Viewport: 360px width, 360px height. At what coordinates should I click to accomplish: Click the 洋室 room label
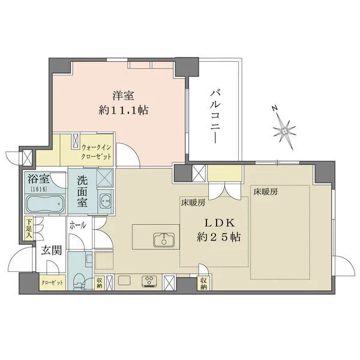pos(123,95)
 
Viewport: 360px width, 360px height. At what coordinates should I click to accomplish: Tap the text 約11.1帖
pos(123,110)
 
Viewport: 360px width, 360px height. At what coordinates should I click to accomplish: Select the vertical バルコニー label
pos(215,117)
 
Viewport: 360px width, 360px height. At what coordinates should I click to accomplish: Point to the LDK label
pos(219,223)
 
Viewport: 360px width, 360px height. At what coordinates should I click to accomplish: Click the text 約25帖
pos(218,237)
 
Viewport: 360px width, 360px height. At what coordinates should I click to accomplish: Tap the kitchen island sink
pos(164,240)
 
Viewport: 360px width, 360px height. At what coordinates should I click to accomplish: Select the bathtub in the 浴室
pos(45,204)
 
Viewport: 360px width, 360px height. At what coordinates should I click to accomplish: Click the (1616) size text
pos(39,189)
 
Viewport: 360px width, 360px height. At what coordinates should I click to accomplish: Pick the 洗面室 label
pos(82,191)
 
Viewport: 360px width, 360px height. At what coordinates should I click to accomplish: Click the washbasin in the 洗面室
pos(105,200)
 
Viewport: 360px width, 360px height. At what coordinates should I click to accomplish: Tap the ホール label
pos(77,225)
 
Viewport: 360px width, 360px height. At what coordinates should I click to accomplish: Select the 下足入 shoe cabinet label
pos(29,229)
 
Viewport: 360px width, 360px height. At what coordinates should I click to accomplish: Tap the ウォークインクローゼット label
pos(97,152)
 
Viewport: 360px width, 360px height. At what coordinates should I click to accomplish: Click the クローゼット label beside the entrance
pos(52,283)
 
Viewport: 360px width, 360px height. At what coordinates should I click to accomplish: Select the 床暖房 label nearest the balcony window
pos(266,192)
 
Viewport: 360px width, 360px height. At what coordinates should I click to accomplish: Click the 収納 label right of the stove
pos(203,283)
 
